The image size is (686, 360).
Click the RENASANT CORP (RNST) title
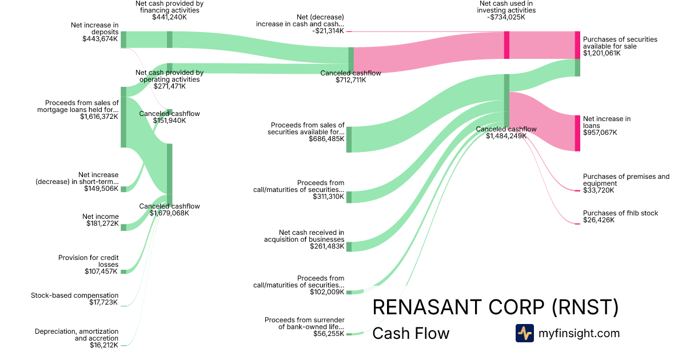pyautogui.click(x=496, y=307)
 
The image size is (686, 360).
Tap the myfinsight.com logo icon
pyautogui.click(x=525, y=333)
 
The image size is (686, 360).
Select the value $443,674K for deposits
pyautogui.click(x=100, y=39)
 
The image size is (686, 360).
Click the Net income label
pyautogui.click(x=100, y=217)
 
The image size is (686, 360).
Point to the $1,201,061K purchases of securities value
pyautogui.click(x=602, y=53)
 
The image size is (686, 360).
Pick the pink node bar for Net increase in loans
pyautogui.click(x=577, y=133)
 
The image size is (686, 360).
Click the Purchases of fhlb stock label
pyautogui.click(x=620, y=213)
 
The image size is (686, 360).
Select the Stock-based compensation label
pyautogui.click(x=74, y=295)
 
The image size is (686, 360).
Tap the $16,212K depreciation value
pyautogui.click(x=104, y=345)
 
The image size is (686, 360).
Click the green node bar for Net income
pyautogui.click(x=123, y=227)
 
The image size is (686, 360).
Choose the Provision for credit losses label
pyautogui.click(x=88, y=261)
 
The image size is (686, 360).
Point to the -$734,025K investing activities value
pyautogui.click(x=506, y=17)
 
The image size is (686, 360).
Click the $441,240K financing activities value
pyautogui.click(x=169, y=17)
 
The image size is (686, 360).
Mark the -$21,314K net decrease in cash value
pyautogui.click(x=328, y=31)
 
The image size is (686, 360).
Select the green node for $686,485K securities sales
pyautogui.click(x=349, y=139)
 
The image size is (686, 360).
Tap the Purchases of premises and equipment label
pyautogui.click(x=626, y=180)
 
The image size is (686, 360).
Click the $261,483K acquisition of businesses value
pyautogui.click(x=327, y=246)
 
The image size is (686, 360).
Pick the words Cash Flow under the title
pyautogui.click(x=410, y=333)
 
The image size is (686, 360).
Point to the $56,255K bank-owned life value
pyautogui.click(x=329, y=334)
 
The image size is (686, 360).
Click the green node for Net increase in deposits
pyautogui.click(x=123, y=39)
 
